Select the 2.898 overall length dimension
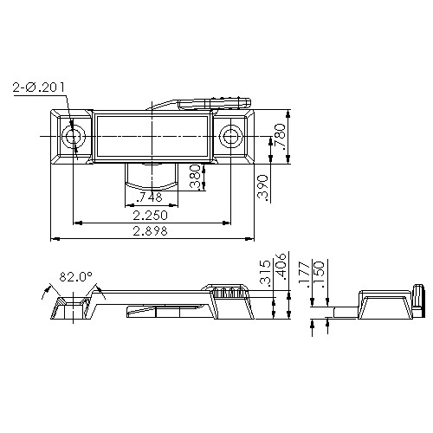coord(151,231)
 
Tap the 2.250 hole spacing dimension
coord(151,215)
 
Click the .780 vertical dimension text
coord(280,136)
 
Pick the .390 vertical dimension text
coord(262,187)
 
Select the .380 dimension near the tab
coord(196,178)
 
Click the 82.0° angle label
coord(75,278)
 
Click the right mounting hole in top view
coord(230,136)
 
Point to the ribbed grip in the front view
coord(229,293)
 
